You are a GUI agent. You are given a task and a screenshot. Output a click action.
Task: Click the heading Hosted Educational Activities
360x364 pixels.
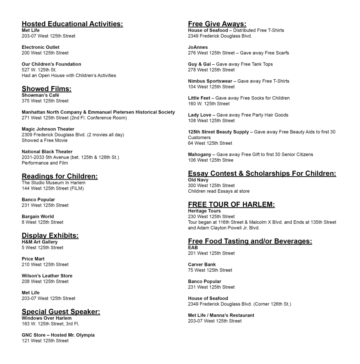point(72,24)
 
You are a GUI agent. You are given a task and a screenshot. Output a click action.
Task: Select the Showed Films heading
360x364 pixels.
point(47,89)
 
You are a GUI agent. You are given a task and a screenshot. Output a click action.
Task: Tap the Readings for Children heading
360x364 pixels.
point(60,176)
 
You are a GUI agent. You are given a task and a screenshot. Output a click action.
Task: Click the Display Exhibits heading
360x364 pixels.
point(50,235)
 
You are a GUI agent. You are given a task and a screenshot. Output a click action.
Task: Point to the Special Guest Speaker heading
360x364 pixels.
point(61,312)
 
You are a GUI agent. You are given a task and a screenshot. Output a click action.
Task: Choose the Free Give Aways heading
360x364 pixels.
point(217,24)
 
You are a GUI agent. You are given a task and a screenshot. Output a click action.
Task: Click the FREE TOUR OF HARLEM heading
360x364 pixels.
point(231,204)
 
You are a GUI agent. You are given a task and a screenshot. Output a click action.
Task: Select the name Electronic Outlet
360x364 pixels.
point(41,47)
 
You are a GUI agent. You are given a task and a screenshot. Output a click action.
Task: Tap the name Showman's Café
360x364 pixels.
point(41,95)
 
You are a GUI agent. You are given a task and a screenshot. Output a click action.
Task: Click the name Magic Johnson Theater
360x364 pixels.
point(48,129)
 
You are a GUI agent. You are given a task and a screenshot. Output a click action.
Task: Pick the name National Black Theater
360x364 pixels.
point(47,152)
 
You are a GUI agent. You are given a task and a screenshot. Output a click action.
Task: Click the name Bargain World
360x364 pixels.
point(38,216)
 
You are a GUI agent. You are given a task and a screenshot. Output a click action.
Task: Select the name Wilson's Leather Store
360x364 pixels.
point(47,276)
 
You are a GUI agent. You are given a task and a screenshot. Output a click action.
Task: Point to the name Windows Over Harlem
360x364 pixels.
point(47,318)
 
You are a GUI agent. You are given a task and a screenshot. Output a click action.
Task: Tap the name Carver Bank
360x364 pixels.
point(202,264)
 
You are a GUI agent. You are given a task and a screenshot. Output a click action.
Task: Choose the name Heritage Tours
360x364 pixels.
point(204,211)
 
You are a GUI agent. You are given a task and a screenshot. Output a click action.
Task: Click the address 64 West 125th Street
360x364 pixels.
point(210,143)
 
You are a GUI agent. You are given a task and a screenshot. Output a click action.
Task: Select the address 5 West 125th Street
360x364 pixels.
point(42,248)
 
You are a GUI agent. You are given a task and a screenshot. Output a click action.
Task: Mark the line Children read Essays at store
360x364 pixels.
point(219,191)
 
